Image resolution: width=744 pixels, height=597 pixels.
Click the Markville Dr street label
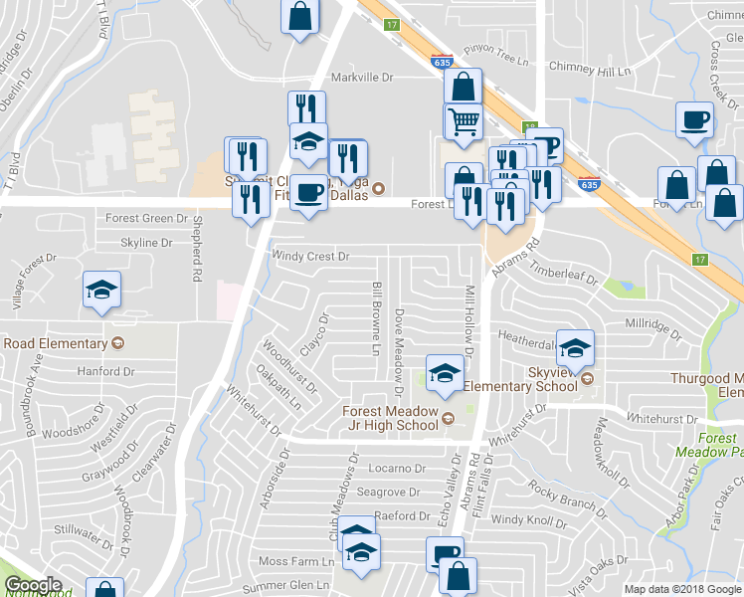coord(362,77)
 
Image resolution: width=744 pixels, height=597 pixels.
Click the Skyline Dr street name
coord(138,243)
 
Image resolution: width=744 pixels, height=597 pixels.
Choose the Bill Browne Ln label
coord(377,318)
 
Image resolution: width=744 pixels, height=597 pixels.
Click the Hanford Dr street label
coord(104,371)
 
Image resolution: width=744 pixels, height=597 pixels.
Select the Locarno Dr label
coord(397,468)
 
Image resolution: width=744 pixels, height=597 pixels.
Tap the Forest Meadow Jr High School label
coord(390,418)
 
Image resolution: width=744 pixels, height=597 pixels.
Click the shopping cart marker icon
coord(463,120)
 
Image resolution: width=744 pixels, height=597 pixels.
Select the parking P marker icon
coord(545,145)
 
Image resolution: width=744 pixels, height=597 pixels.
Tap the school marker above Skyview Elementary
coord(575,347)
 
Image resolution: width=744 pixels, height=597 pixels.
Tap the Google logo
coord(33,585)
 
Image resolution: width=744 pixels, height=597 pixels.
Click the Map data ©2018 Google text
coord(681,589)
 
